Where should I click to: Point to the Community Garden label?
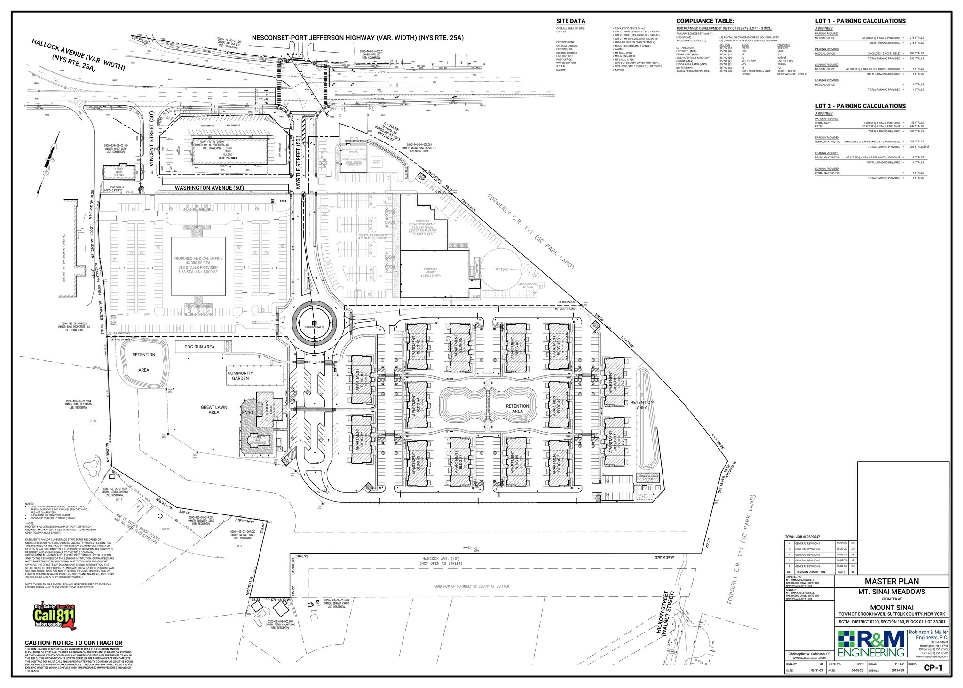click(x=240, y=376)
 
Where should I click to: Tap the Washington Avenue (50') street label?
click(x=209, y=188)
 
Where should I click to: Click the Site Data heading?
click(x=570, y=21)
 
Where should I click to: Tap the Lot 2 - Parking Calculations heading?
click(x=860, y=106)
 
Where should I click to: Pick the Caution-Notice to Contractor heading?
click(x=73, y=643)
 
